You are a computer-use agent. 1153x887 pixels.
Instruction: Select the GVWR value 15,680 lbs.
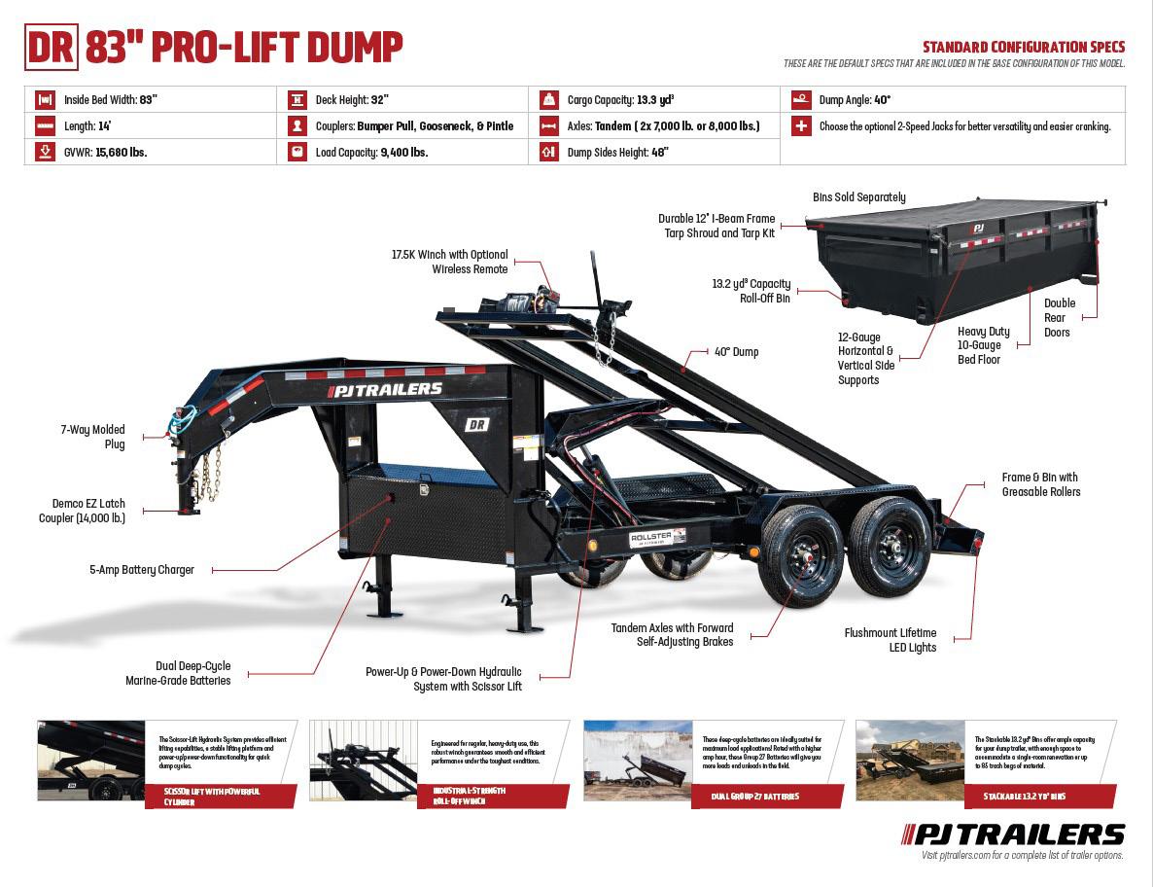(x=121, y=153)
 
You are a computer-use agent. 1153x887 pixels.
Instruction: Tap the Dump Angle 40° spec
(x=855, y=99)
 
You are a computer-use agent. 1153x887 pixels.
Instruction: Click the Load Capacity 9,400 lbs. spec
(x=371, y=153)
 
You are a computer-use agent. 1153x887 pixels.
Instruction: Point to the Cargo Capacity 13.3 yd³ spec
(x=620, y=99)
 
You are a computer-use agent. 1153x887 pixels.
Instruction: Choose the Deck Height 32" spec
(x=352, y=99)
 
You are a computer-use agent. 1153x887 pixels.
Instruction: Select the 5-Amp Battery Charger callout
(x=142, y=570)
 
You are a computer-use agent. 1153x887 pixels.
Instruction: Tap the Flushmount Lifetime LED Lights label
(x=890, y=640)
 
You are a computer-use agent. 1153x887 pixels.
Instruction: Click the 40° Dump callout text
(x=736, y=352)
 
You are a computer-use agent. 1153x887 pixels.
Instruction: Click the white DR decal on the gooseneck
(x=477, y=423)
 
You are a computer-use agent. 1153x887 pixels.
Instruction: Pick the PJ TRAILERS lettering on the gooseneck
(x=386, y=390)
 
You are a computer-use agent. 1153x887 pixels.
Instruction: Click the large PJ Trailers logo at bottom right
(x=1014, y=834)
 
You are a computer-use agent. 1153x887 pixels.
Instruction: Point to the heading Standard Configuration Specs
(x=1023, y=47)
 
